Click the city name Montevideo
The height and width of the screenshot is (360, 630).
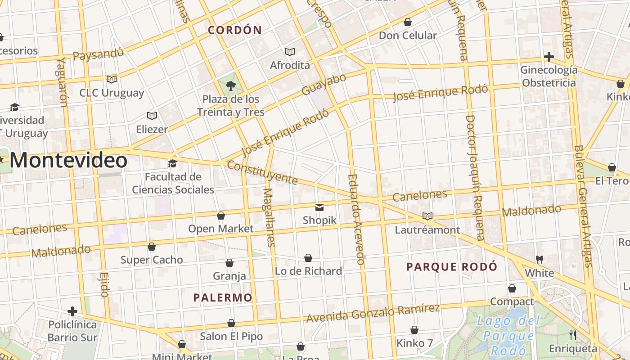[x=68, y=161]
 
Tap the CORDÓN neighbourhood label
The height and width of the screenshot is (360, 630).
[x=234, y=30]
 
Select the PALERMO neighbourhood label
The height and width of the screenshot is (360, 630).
[x=223, y=297]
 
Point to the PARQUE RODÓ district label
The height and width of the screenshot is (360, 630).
[x=452, y=267]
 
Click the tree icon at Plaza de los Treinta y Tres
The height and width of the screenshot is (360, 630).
[x=230, y=85]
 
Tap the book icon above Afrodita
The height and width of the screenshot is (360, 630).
[x=289, y=52]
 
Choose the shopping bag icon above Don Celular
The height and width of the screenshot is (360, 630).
[x=408, y=22]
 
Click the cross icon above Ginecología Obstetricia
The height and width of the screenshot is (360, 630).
[x=549, y=57]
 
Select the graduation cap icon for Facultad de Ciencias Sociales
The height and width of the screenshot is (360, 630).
[x=172, y=163]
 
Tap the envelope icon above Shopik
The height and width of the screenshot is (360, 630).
[x=319, y=207]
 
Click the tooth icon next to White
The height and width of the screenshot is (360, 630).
[x=540, y=260]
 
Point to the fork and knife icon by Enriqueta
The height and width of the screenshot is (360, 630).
[x=572, y=335]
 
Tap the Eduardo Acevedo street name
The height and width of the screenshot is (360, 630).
[x=356, y=219]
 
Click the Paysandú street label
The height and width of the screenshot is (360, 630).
[x=98, y=54]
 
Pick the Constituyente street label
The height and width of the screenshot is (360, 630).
[x=262, y=172]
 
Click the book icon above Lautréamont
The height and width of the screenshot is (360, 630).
[x=427, y=216]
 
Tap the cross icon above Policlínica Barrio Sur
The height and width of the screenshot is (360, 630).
[x=72, y=311]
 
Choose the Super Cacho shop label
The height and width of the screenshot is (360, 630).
[x=152, y=260]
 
